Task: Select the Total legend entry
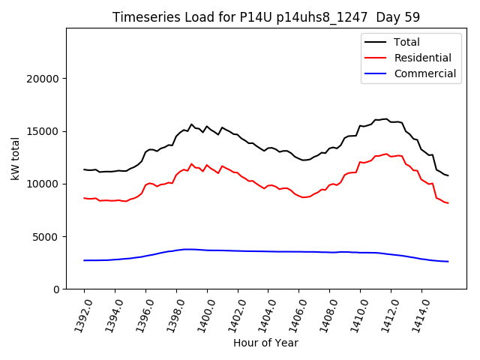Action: tap(407, 42)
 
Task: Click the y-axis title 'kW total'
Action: tap(15, 158)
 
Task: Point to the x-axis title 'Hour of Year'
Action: tap(265, 343)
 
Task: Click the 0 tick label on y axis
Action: tap(56, 289)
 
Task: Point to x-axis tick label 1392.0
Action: tap(77, 313)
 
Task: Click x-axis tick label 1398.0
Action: tap(169, 313)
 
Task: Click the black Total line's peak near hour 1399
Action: tap(191, 124)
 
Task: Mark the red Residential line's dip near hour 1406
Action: tap(303, 197)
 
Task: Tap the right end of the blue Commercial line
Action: tap(448, 262)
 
